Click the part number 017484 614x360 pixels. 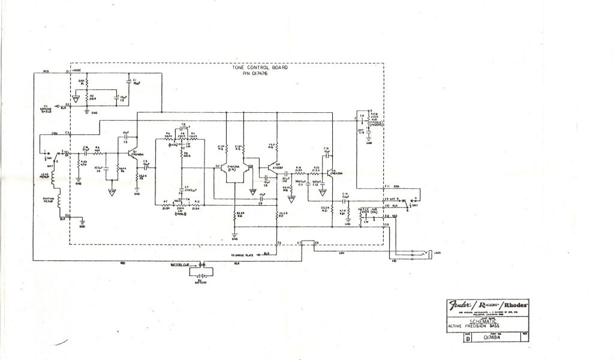[x=492, y=337]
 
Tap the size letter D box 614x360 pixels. [x=468, y=338]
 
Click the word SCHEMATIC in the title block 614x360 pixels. [x=487, y=321]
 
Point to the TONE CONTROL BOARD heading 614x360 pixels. [x=260, y=68]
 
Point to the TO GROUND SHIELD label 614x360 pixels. [x=46, y=109]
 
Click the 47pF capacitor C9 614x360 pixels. [x=262, y=199]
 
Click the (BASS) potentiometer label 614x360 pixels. [x=174, y=145]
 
